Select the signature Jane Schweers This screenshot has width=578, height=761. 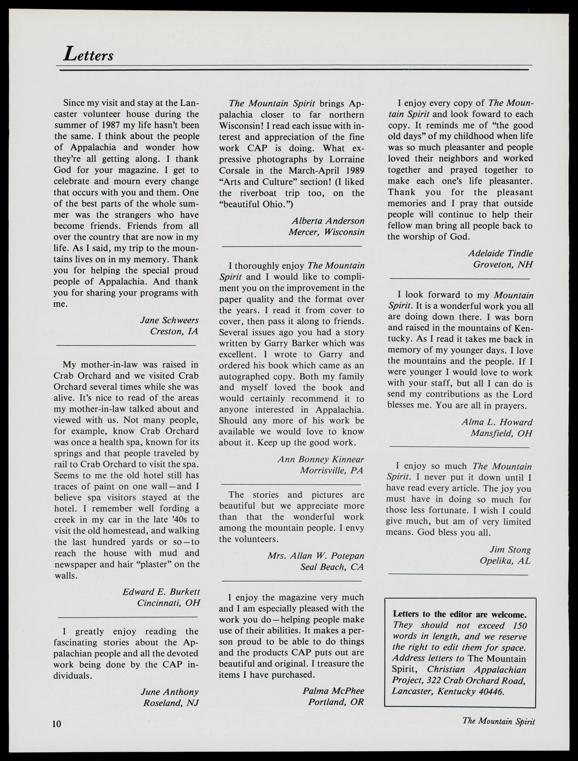(169, 320)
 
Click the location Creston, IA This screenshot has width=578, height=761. (174, 331)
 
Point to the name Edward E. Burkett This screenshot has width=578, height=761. (161, 592)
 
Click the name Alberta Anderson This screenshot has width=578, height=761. (328, 221)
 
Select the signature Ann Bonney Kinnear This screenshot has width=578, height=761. (321, 459)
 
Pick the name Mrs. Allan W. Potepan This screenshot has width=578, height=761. (316, 555)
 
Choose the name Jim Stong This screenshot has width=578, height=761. (510, 550)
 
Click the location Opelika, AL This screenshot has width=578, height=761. (505, 561)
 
